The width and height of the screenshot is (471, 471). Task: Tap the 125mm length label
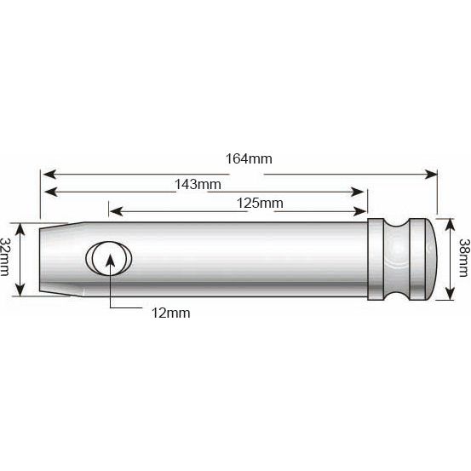259,203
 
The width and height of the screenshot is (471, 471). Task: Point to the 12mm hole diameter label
169,313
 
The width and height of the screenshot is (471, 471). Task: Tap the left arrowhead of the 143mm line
49,191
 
